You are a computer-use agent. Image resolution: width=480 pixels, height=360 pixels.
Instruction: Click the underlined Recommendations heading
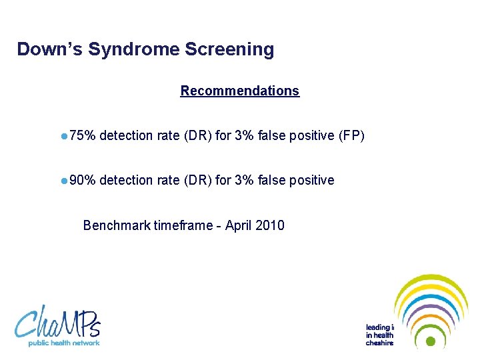[x=239, y=91]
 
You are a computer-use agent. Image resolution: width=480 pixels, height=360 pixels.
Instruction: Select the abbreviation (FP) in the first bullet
[x=351, y=136]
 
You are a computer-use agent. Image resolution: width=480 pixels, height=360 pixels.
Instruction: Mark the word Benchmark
[x=116, y=225]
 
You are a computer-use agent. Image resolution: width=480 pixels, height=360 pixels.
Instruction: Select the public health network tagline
[x=63, y=343]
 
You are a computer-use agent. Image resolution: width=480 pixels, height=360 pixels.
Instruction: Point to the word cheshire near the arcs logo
[x=379, y=343]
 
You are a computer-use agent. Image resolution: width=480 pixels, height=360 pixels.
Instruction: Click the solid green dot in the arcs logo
[x=431, y=341]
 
